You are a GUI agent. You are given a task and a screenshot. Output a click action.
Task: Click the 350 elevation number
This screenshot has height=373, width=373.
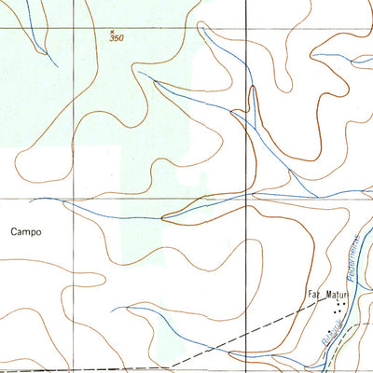(x=117, y=38)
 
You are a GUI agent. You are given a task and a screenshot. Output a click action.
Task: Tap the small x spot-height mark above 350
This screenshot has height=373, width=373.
(x=112, y=31)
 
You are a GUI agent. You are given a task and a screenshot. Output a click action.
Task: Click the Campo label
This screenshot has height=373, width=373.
(x=27, y=231)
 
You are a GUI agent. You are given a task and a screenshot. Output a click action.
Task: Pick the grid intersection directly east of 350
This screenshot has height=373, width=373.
(x=246, y=27)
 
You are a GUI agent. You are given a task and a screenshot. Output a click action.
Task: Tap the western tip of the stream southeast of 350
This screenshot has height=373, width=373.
(x=154, y=82)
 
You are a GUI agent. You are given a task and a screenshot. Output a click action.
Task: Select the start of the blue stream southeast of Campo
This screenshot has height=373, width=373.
(x=113, y=309)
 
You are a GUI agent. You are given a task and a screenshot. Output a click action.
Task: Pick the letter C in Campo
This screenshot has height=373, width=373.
(x=15, y=231)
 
